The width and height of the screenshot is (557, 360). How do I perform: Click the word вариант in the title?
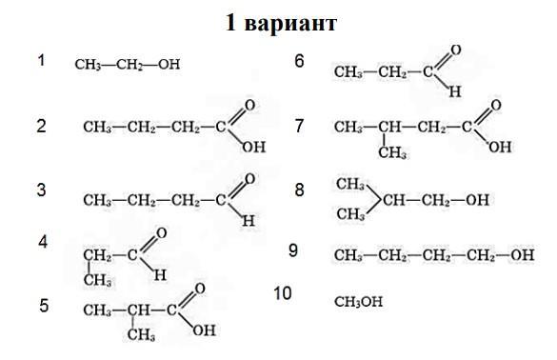[290, 24]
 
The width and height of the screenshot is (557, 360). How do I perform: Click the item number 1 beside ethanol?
[42, 60]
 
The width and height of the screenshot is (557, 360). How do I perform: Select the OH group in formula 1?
[169, 65]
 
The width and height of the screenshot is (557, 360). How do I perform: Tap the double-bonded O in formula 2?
[249, 105]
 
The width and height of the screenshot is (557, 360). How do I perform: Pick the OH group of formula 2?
[253, 147]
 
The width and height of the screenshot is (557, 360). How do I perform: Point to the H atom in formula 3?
[249, 221]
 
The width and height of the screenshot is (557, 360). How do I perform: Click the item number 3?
[42, 190]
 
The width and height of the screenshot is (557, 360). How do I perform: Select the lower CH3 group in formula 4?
[97, 280]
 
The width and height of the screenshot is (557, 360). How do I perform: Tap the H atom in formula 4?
[160, 274]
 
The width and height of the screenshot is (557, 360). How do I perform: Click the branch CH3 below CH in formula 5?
[141, 334]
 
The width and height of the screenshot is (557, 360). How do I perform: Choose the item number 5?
[44, 306]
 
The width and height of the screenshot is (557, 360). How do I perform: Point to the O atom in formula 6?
[456, 50]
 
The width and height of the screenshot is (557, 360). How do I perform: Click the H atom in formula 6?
[455, 91]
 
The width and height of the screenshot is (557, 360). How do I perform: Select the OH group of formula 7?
[500, 147]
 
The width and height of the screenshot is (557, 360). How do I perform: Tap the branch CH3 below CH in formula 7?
[392, 152]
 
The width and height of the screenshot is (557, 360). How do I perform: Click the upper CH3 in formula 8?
[350, 184]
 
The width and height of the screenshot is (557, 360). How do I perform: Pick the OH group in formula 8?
[477, 200]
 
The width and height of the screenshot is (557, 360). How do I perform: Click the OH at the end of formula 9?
[522, 255]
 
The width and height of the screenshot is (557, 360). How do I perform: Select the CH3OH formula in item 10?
[358, 302]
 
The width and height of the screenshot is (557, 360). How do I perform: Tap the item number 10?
[283, 293]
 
